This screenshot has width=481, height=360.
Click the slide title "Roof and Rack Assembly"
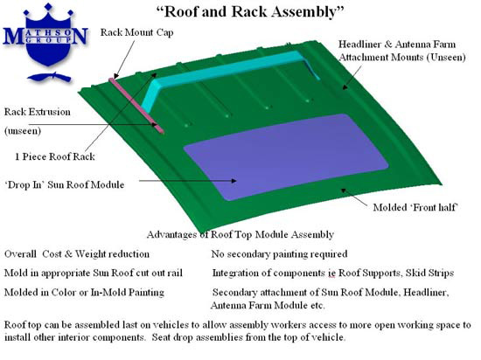coord(250,11)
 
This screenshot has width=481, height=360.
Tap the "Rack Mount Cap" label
coord(136,32)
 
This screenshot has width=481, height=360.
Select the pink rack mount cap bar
coord(136,106)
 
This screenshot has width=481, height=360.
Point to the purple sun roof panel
coord(286,157)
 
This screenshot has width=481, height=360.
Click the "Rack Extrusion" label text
coord(37,112)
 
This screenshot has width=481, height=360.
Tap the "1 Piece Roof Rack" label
coord(55,156)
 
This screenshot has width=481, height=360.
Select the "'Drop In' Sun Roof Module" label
coord(65,184)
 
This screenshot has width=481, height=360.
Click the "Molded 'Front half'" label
coord(415,207)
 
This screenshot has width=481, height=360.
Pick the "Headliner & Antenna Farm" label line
coord(397,45)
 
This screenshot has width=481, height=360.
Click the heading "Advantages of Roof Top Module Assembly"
coord(240,235)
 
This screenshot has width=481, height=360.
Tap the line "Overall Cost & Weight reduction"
coord(77,254)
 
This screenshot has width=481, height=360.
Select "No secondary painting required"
coord(279,254)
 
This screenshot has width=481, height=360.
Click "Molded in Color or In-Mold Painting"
coord(84,293)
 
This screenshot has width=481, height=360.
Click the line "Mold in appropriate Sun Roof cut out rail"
coord(94,273)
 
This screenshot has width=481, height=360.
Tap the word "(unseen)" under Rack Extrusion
coord(23,131)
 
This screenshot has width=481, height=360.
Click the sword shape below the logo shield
coord(49,77)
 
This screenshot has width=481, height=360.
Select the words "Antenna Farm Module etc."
coord(268,306)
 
